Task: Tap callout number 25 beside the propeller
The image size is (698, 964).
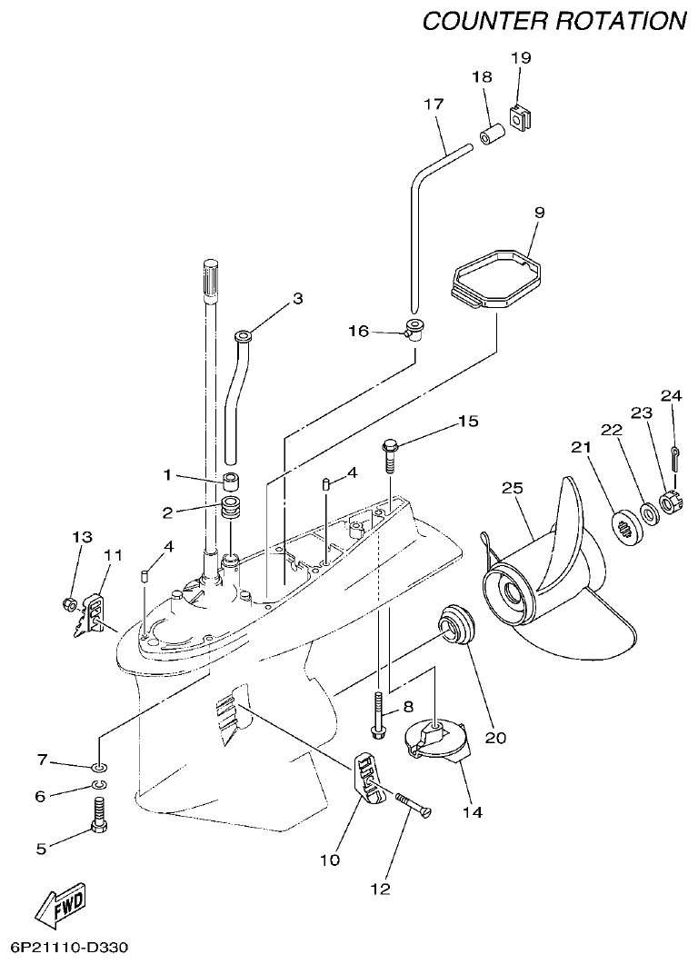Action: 514,489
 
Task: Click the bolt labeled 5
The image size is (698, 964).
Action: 99,815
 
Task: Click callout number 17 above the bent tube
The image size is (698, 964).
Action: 433,104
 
